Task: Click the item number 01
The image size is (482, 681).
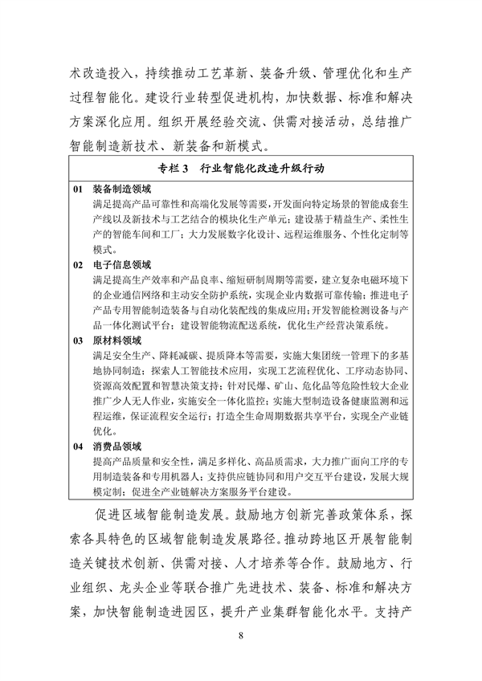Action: pos(78,190)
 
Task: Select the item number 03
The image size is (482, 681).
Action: pos(78,340)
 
